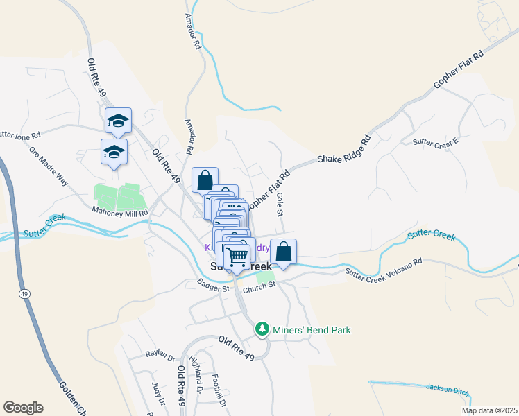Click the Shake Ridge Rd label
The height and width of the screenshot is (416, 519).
click(x=344, y=149)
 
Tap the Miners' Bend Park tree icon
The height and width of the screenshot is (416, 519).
click(x=262, y=329)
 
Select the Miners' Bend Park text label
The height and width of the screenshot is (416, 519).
click(x=312, y=329)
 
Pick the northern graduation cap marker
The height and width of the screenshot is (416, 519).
click(x=118, y=121)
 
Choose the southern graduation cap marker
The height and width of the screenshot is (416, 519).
click(x=114, y=153)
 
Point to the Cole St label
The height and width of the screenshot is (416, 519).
click(x=280, y=203)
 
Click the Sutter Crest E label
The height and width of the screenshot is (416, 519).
click(x=436, y=143)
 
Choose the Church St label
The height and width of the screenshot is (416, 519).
click(x=259, y=286)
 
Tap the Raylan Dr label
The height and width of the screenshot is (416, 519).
click(x=160, y=354)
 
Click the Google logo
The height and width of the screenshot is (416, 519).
click(x=23, y=408)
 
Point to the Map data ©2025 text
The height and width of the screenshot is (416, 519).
click(x=488, y=410)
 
